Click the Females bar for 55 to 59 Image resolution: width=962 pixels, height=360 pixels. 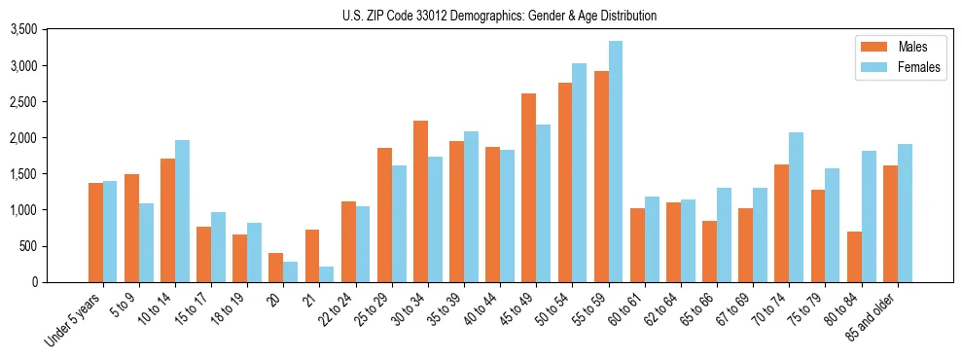click(x=616, y=162)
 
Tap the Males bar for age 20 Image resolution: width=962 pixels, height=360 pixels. click(x=275, y=268)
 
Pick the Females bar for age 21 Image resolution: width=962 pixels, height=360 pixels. click(x=327, y=274)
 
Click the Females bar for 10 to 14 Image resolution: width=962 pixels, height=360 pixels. click(x=182, y=211)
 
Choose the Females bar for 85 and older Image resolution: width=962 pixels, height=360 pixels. click(x=905, y=213)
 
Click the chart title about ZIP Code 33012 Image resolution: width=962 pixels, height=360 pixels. click(x=499, y=16)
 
